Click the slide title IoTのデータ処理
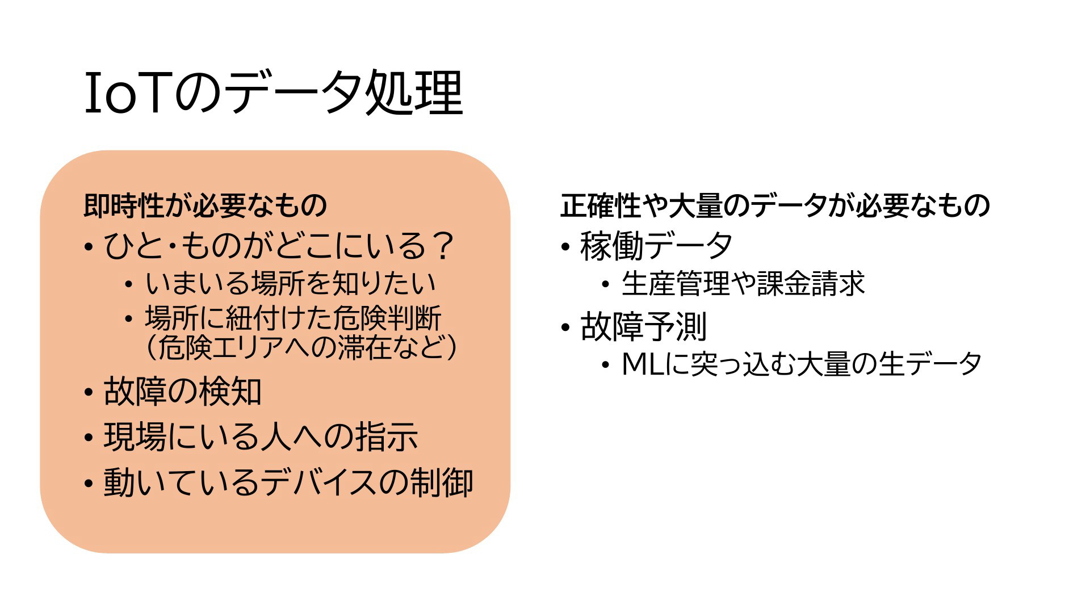[274, 94]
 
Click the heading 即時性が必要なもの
[206, 205]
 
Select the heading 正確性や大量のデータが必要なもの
[775, 205]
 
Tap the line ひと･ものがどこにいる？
[279, 246]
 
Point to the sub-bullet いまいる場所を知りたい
[291, 283]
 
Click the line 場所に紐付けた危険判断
[293, 318]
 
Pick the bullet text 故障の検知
[182, 392]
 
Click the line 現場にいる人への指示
[261, 437]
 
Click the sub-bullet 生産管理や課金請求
[743, 283]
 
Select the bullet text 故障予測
[643, 327]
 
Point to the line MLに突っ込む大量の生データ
[802, 364]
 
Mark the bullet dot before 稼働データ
[565, 247]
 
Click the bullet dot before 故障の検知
[88, 393]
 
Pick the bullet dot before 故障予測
[565, 328]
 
